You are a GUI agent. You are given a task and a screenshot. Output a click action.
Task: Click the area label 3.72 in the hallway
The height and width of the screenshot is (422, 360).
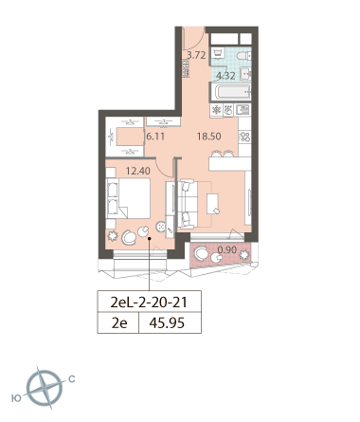[196, 55]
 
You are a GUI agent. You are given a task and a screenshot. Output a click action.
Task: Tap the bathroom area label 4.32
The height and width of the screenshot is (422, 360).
[225, 76]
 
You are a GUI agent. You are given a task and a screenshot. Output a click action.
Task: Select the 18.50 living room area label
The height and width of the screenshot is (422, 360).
[209, 137]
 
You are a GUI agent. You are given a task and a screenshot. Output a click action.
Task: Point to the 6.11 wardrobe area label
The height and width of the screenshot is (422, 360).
[155, 137]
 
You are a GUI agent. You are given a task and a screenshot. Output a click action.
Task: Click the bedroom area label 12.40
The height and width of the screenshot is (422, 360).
[138, 171]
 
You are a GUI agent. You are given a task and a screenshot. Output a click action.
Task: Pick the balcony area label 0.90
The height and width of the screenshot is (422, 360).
[227, 249]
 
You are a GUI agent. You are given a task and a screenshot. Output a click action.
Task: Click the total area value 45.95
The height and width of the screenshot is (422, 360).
[167, 323]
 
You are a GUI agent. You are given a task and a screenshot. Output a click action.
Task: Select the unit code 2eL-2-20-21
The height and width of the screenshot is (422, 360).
[149, 303]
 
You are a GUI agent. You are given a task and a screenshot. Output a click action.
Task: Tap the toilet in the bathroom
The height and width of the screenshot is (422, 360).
[243, 56]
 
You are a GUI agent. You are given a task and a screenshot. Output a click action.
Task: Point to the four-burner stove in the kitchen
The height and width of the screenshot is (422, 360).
[244, 137]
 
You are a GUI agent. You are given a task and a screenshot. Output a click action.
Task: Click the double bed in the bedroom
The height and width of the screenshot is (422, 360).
[128, 198]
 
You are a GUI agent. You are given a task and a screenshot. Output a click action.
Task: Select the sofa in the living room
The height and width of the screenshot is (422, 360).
[188, 204]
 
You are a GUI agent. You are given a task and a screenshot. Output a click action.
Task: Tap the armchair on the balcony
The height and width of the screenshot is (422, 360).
[201, 253]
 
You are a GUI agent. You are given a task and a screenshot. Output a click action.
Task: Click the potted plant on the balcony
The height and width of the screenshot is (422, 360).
[244, 255]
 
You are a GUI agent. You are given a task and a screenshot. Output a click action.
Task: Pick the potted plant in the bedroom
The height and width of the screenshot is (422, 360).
[113, 236]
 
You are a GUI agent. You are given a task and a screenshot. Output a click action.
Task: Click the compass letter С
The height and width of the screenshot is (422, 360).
[72, 378]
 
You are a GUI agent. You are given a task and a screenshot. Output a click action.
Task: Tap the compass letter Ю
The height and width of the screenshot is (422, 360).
[16, 398]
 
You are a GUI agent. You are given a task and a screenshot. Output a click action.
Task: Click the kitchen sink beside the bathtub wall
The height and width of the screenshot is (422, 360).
[243, 110]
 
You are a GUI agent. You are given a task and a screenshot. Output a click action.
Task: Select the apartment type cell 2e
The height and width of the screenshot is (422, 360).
[119, 323]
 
